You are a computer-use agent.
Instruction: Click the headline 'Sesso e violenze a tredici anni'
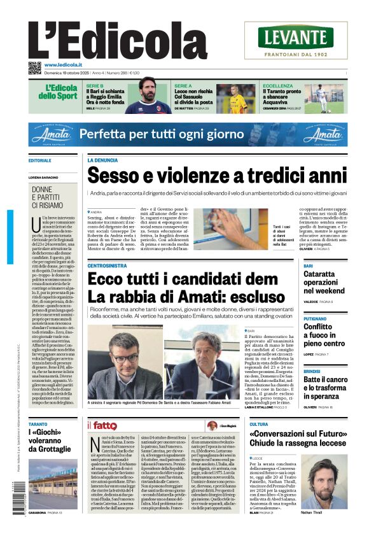point(217,176)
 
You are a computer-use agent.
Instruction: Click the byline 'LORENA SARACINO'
point(46,177)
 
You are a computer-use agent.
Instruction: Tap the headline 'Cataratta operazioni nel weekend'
point(324,282)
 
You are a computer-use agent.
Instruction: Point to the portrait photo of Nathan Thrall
point(319,481)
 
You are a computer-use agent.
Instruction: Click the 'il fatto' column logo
point(102,425)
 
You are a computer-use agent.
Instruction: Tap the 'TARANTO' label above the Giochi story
point(38,423)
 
